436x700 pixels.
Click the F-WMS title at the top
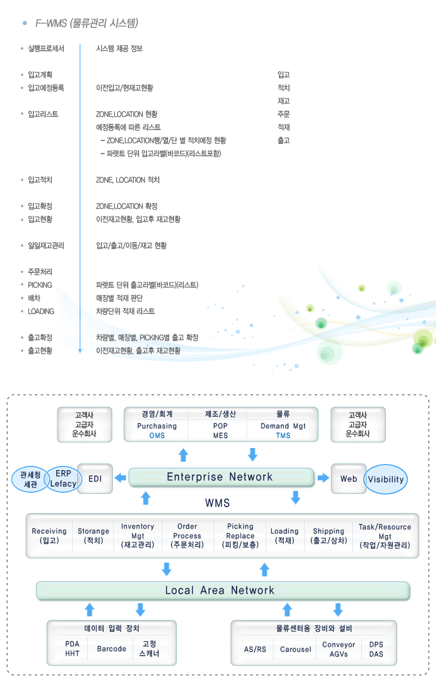(x=87, y=24)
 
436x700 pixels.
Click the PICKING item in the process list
(x=40, y=285)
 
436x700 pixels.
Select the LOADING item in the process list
(x=41, y=311)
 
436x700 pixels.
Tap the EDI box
(x=95, y=478)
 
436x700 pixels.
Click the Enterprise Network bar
(x=220, y=477)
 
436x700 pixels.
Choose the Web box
(x=348, y=479)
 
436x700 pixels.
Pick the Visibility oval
(x=386, y=479)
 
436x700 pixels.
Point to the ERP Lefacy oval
(x=63, y=479)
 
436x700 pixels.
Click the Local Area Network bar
(x=220, y=590)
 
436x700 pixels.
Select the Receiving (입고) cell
(x=49, y=536)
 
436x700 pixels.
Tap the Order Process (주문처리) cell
(x=187, y=536)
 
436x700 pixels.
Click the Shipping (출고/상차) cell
(x=328, y=536)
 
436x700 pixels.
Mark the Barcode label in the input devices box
(x=111, y=649)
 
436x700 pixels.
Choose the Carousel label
(x=296, y=649)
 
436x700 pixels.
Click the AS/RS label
(x=255, y=649)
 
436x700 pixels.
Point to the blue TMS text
(x=283, y=435)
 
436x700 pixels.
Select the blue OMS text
(x=157, y=435)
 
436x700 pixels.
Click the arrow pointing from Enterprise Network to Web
(x=323, y=478)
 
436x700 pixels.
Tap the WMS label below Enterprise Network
(x=217, y=503)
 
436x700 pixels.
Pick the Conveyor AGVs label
(x=339, y=649)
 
